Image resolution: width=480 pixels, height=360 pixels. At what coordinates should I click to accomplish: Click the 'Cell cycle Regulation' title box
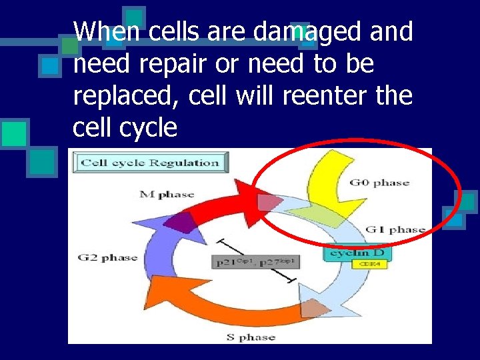151,163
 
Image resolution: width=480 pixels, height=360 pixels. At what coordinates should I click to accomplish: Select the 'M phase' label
167,195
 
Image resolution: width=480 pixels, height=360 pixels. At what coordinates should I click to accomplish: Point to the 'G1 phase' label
395,230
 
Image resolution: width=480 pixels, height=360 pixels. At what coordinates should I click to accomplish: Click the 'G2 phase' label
107,257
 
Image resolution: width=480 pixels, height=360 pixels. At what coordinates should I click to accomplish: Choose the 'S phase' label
251,337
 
